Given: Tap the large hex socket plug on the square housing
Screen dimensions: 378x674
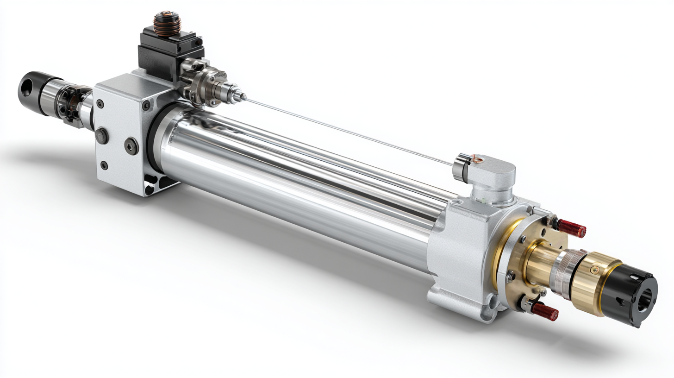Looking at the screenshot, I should click(x=131, y=146).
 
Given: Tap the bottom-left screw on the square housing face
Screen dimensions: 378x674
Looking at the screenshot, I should click(x=104, y=165).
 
